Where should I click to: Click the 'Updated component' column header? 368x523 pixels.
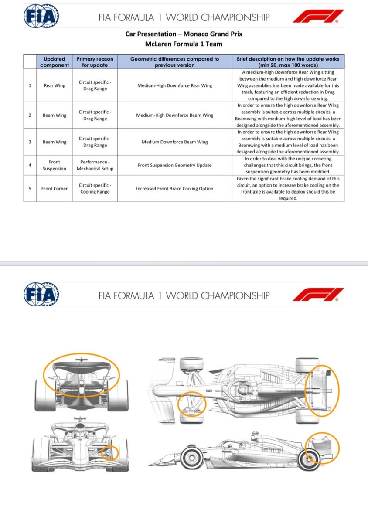(x=55, y=62)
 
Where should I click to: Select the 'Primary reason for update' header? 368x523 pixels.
(x=95, y=62)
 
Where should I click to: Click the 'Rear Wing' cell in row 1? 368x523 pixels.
(x=55, y=85)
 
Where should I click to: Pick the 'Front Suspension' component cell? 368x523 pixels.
(x=55, y=165)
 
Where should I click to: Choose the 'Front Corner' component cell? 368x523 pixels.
(x=55, y=189)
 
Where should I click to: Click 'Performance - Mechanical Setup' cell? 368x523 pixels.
(x=95, y=165)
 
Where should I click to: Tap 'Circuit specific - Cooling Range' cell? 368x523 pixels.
(x=95, y=189)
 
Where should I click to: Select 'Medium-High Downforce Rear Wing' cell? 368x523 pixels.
(x=174, y=85)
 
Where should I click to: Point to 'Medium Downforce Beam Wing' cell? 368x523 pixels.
(x=174, y=142)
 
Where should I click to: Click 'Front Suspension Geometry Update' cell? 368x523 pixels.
(x=174, y=165)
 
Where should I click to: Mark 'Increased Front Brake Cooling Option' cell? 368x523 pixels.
(x=174, y=189)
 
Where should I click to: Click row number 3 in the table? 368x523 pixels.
(x=30, y=142)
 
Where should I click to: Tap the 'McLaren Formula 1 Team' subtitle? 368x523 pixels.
(x=184, y=44)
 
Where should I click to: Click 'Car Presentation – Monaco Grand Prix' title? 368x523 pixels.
(x=184, y=34)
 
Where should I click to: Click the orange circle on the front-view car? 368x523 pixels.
(x=109, y=453)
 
